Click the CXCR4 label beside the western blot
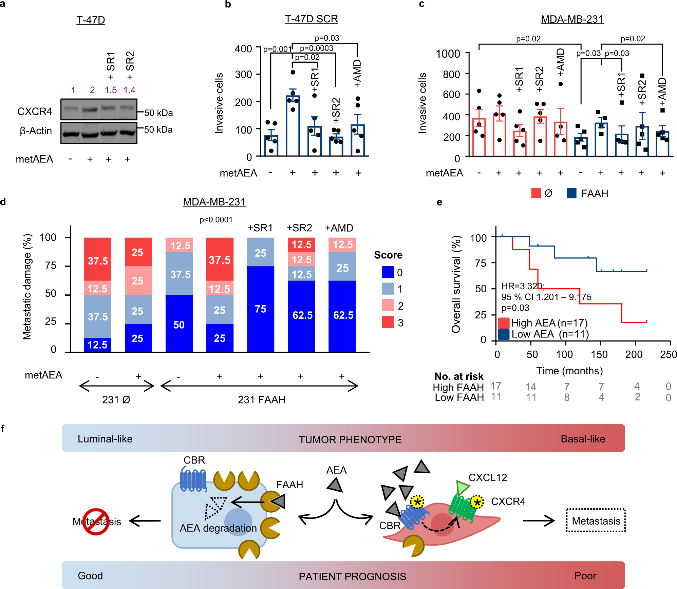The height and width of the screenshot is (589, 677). point(35,112)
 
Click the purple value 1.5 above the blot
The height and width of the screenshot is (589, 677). point(111,90)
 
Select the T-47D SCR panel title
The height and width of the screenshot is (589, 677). point(311,19)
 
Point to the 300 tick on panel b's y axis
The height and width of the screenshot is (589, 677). point(243,74)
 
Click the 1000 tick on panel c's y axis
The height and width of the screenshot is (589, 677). point(448,54)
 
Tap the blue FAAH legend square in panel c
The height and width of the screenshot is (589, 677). point(571,193)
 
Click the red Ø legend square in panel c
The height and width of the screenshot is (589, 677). point(536,193)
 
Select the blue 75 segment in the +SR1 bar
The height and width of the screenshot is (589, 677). point(260,309)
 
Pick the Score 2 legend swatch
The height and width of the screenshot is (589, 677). point(388,305)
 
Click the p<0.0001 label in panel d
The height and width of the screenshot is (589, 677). point(216,220)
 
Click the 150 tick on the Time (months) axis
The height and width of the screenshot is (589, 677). point(599,354)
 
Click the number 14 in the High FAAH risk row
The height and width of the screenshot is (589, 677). point(531,387)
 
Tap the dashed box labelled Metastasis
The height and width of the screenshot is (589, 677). point(596,521)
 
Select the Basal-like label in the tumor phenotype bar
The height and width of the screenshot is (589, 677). point(583,439)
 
